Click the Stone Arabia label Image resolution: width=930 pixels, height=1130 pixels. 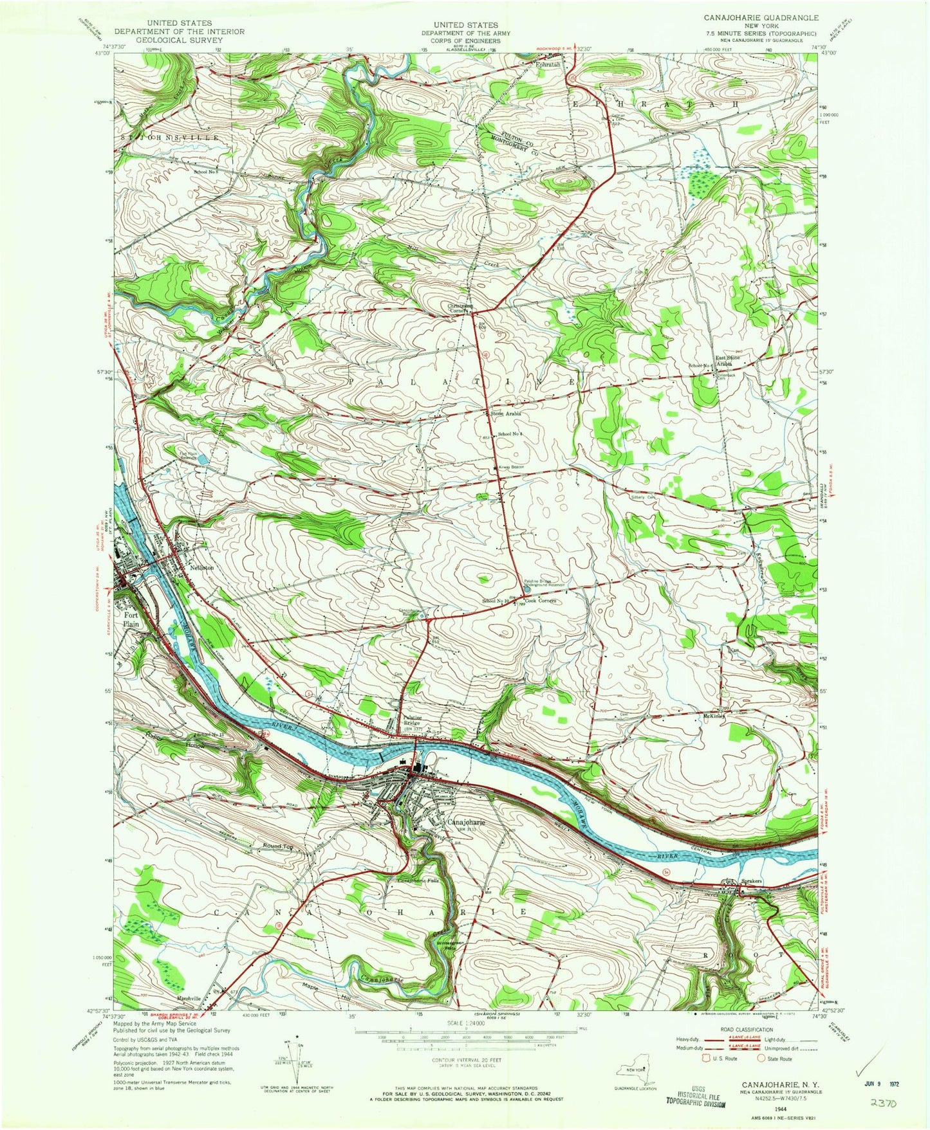[x=505, y=414]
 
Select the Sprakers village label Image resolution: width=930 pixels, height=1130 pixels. [x=751, y=880]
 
